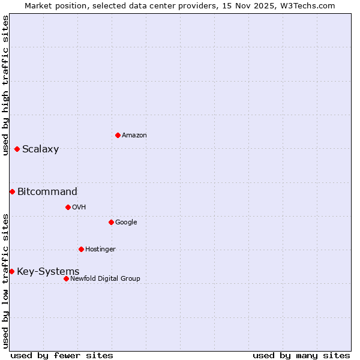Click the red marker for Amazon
tap(118, 135)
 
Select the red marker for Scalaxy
tap(17, 149)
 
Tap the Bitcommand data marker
tap(12, 191)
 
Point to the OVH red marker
tap(68, 207)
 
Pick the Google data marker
tap(111, 222)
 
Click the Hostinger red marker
tap(81, 249)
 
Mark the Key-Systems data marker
tap(11, 271)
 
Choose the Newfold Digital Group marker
tap(66, 278)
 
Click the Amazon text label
tap(134, 136)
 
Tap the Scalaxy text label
tap(40, 149)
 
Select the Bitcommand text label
tap(47, 192)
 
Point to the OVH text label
tap(79, 208)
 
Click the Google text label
tap(126, 223)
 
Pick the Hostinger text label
tap(100, 250)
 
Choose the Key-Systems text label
tap(48, 272)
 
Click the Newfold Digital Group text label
tap(105, 279)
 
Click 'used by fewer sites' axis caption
tap(62, 355)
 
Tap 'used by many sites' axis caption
tap(301, 355)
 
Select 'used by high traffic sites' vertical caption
tap(5, 85)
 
